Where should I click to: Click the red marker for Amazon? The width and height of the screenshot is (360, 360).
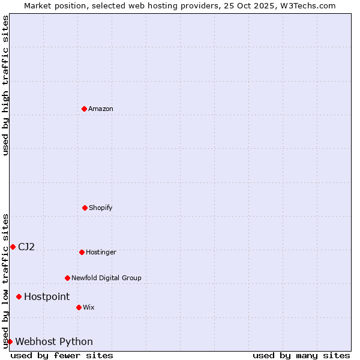(84, 109)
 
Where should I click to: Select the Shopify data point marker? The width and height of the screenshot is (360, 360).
(85, 208)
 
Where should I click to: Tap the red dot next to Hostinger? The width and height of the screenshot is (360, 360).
(82, 252)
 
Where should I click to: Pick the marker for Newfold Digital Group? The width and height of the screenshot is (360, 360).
(67, 278)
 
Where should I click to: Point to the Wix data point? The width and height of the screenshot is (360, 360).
(79, 307)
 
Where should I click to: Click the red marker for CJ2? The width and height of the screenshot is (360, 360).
(13, 247)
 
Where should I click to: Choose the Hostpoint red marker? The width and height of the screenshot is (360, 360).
(19, 296)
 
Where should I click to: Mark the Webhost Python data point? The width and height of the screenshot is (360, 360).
(10, 341)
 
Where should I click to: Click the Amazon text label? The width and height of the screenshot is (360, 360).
(101, 109)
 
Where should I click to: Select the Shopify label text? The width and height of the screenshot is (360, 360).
(101, 208)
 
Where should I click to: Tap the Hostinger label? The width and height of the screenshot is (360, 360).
(101, 252)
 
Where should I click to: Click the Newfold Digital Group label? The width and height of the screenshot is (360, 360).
(106, 278)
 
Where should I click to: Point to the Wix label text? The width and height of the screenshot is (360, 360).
(89, 307)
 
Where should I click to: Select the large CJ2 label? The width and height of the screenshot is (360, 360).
(26, 247)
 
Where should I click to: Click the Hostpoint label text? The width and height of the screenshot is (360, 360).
(47, 296)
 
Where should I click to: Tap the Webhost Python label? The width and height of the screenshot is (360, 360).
(54, 341)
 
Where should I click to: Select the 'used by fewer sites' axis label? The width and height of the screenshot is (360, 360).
(62, 355)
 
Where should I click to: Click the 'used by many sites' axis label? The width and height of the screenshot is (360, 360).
(301, 355)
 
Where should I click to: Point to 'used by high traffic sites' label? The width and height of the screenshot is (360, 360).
(5, 85)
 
